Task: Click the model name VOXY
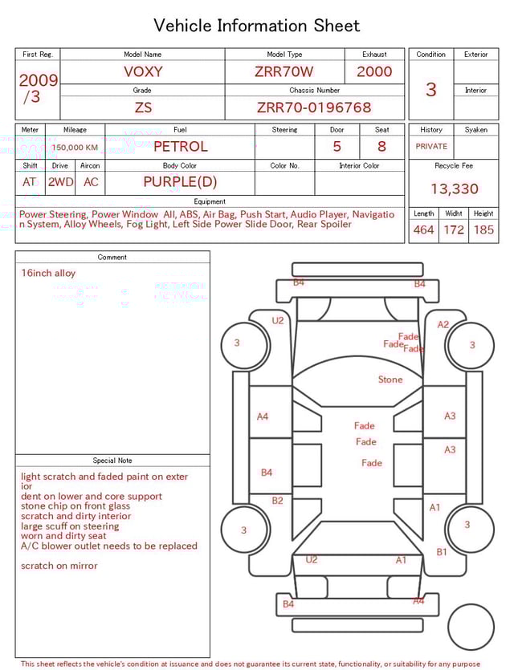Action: pos(143,71)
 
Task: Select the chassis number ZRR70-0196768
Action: pos(314,108)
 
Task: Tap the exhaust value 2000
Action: pos(374,71)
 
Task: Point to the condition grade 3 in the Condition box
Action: pos(431,90)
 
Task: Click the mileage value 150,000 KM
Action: pos(75,148)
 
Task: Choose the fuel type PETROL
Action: pos(180,147)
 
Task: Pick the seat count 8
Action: pos(381,147)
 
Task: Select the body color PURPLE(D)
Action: pos(180,182)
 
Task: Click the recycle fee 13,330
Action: pos(454,189)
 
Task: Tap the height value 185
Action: pos(483,230)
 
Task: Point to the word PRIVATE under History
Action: pos(431,147)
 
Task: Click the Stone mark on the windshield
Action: pos(390,380)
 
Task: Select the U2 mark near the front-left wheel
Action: pos(278,321)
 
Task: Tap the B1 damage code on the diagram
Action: pos(442,552)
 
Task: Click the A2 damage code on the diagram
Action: pos(443,325)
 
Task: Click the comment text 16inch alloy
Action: pos(48,274)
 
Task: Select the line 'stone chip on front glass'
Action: pos(75,506)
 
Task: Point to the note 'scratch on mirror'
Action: pos(59,566)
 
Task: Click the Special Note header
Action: pos(112,461)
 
